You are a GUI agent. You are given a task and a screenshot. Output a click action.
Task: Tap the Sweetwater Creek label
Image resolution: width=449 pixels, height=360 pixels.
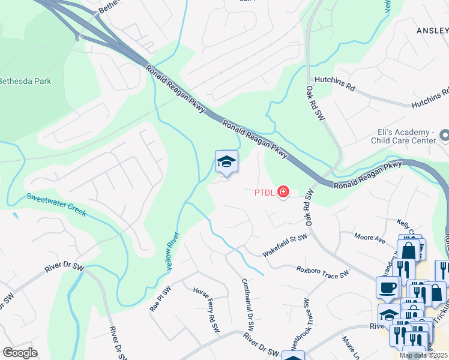tap(56, 205)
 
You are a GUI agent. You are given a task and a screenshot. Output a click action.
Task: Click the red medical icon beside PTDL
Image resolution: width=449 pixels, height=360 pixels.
tap(282, 193)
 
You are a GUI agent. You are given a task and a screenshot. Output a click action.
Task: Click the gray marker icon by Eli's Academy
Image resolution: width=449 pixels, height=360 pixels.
tap(444, 136)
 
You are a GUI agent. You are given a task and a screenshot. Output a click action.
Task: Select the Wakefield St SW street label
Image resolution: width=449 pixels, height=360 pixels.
tap(285, 246)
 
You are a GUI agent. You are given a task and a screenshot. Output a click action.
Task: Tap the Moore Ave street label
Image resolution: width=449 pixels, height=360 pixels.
tap(369, 238)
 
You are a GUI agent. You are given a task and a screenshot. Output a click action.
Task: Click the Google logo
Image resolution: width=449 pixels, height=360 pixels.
tap(20, 353)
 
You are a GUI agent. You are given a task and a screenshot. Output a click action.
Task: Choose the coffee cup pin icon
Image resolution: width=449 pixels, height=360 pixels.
tap(387, 287)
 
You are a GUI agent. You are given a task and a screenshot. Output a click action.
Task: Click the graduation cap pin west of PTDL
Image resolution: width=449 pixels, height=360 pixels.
tap(226, 161)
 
